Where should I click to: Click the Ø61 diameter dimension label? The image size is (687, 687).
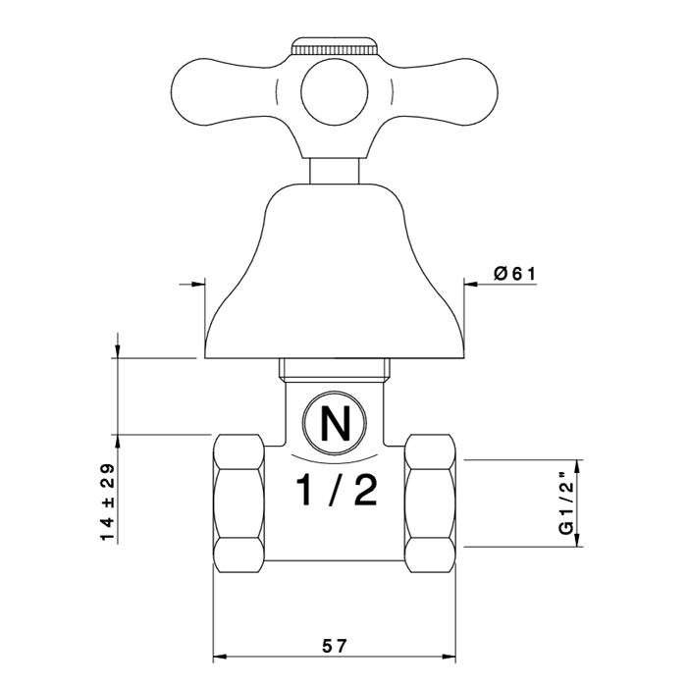tap(514, 274)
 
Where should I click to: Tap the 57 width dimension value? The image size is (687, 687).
tap(335, 646)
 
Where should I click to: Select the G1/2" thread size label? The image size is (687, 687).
tap(566, 502)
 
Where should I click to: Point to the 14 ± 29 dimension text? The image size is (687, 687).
tap(107, 502)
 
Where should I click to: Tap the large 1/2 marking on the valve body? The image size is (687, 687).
tap(337, 491)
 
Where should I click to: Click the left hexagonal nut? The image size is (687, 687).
tap(239, 503)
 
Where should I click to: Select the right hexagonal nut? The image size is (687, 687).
tap(430, 503)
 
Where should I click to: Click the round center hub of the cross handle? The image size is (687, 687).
tap(335, 91)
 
